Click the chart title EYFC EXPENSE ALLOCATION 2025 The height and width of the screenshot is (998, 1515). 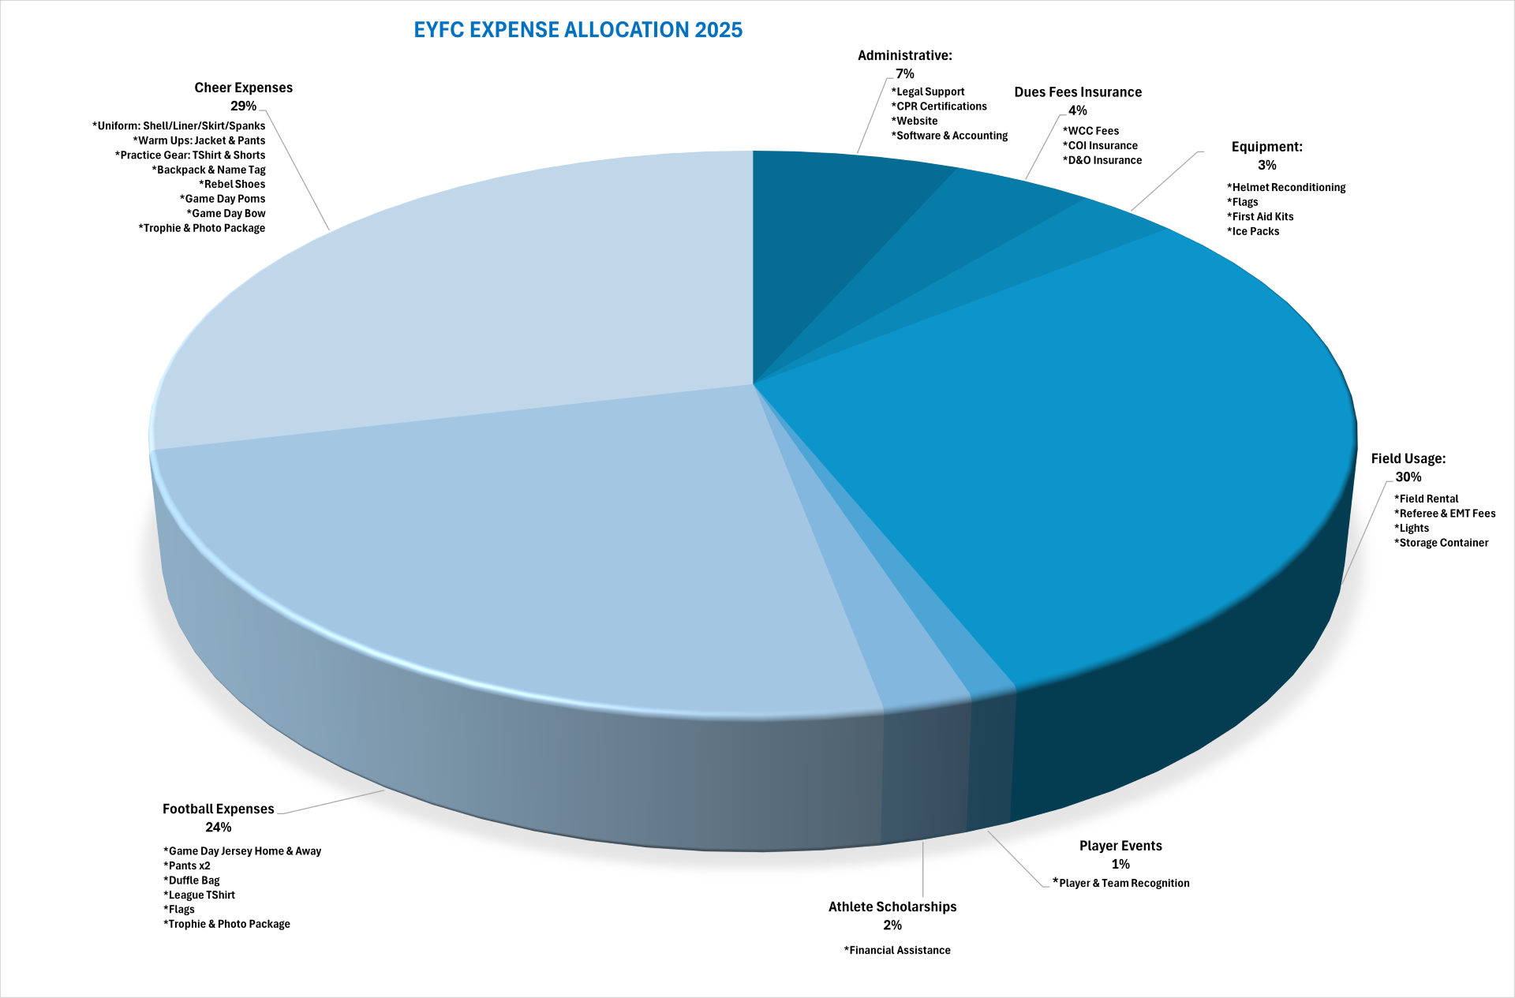point(578,30)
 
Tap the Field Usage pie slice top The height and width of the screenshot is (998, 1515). point(1065,442)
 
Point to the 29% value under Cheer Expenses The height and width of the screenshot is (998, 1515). point(243,106)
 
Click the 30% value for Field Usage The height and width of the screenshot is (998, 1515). point(1408,477)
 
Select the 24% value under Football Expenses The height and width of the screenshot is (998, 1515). point(218,827)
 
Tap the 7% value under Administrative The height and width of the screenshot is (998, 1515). point(904,73)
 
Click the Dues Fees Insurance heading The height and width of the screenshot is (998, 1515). point(1077,92)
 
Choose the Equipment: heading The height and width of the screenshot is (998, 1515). point(1266,147)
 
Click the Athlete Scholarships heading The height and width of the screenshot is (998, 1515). point(892,906)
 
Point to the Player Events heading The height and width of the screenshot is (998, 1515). point(1120,846)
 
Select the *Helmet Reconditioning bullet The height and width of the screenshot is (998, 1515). point(1285,187)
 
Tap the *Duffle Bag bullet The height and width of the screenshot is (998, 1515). point(192,880)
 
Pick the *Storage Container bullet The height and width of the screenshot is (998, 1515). point(1441,543)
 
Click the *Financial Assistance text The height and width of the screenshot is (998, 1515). point(897,950)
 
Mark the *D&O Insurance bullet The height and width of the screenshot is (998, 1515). point(1102,160)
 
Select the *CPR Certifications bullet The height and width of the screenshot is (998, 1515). point(939,107)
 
